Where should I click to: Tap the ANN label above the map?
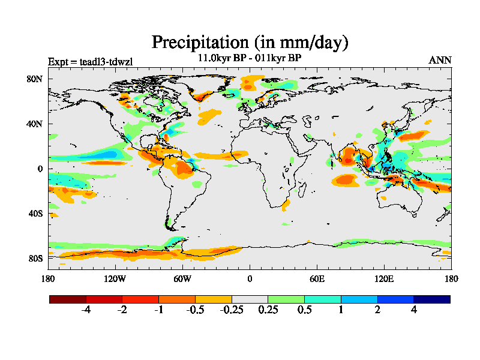pyautogui.click(x=440, y=60)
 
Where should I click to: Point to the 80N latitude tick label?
pyautogui.click(x=35, y=79)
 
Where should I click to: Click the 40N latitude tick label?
pyautogui.click(x=35, y=124)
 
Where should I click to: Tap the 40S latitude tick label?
pyautogui.click(x=35, y=214)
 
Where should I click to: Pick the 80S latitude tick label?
pyautogui.click(x=35, y=259)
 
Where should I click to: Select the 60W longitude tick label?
pyautogui.click(x=182, y=279)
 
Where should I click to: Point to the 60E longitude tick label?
pyautogui.click(x=317, y=279)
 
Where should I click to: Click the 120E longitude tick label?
pyautogui.click(x=384, y=279)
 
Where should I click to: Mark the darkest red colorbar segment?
pyautogui.click(x=68, y=299)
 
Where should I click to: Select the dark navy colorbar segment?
pyautogui.click(x=431, y=299)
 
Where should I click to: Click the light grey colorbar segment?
pyautogui.click(x=250, y=299)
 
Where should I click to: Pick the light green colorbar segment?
pyautogui.click(x=286, y=299)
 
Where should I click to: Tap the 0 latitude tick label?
pyautogui.click(x=40, y=169)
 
